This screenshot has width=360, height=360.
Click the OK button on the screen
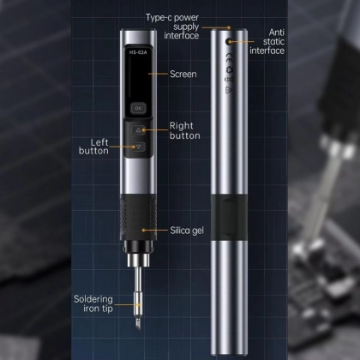coord(138,108)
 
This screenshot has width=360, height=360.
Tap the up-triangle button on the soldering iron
coord(139,130)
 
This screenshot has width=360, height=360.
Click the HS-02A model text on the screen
coord(138,52)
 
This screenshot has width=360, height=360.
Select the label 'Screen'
coord(183,74)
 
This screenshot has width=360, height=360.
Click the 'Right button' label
coord(185,130)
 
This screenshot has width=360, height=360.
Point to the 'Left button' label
coord(93,147)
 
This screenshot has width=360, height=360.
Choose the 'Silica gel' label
coord(187,231)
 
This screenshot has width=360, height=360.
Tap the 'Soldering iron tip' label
coord(93,303)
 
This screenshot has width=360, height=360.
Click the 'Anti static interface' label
coord(267,41)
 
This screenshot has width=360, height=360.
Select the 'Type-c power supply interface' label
coord(172,27)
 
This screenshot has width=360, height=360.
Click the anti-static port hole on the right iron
coord(229,42)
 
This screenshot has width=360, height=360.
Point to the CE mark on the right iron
coord(229,57)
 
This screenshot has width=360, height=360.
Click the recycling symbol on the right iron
coord(229,69)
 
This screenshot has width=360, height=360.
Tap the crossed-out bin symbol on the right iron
coord(229,80)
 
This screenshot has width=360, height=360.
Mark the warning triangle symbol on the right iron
coord(229,90)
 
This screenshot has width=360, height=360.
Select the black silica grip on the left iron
coord(138,217)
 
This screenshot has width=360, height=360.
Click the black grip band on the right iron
coord(229,218)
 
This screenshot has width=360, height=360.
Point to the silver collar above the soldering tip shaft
coord(138,260)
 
